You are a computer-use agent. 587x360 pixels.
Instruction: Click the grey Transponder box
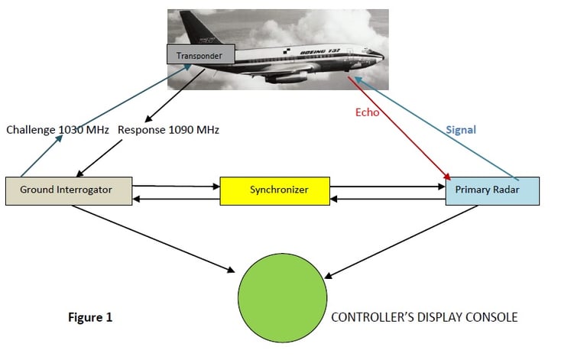tap(201, 54)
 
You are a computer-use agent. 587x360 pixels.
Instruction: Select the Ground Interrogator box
tap(69, 191)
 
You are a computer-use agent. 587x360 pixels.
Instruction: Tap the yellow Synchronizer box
tap(275, 191)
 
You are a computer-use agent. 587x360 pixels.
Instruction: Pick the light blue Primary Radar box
tap(492, 191)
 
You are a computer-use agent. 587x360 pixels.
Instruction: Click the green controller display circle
tap(282, 298)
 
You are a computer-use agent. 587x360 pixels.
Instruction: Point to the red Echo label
tap(367, 112)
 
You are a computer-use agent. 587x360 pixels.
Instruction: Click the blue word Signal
tap(461, 130)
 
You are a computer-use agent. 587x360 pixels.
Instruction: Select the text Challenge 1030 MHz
tap(57, 130)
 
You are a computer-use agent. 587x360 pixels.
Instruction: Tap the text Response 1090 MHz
tap(168, 130)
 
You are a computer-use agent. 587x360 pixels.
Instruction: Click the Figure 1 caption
tap(90, 317)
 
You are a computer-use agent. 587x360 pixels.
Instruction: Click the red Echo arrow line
tap(399, 128)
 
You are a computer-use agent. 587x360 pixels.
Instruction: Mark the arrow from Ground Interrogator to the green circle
tap(154, 238)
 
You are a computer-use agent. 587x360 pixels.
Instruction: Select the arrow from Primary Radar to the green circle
tap(401, 242)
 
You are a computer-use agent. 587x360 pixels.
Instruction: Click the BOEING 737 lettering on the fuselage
tap(320, 51)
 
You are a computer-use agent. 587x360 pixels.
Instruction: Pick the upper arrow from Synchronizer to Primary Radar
tap(388, 186)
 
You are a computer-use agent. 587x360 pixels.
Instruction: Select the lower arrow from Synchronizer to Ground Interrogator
tap(176, 199)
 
